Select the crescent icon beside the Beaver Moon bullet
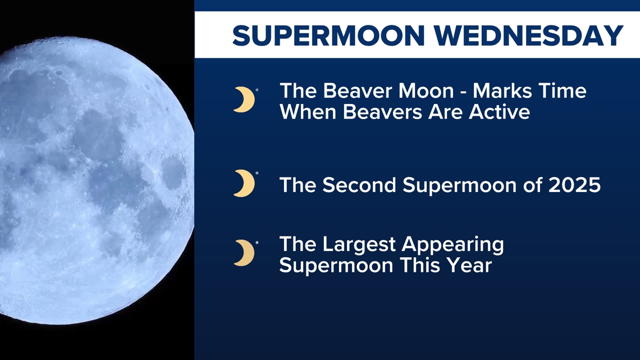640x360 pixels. (x=244, y=99)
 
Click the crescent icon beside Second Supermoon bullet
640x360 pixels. (x=244, y=184)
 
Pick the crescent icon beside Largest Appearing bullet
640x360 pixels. (x=244, y=253)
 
